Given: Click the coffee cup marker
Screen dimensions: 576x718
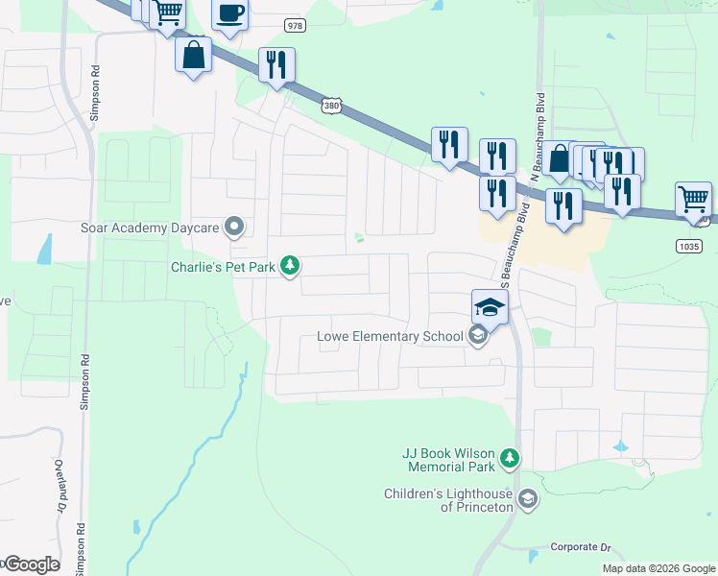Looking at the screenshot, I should click(229, 14).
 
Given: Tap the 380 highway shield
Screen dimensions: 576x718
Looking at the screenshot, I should click(332, 105).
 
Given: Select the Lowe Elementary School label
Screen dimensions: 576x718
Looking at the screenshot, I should click(390, 337).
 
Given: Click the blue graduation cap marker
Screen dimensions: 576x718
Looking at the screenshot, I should click(490, 306).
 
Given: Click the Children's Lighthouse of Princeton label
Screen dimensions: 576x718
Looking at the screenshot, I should click(447, 499).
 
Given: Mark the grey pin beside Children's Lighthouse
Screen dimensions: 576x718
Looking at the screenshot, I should click(527, 498).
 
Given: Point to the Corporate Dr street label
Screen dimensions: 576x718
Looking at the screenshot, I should click(581, 547).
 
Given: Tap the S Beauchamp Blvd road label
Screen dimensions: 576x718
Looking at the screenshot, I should click(514, 249).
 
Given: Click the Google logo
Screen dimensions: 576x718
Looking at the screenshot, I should click(31, 564).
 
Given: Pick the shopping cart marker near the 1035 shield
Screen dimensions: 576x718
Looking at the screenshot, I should click(693, 199).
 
